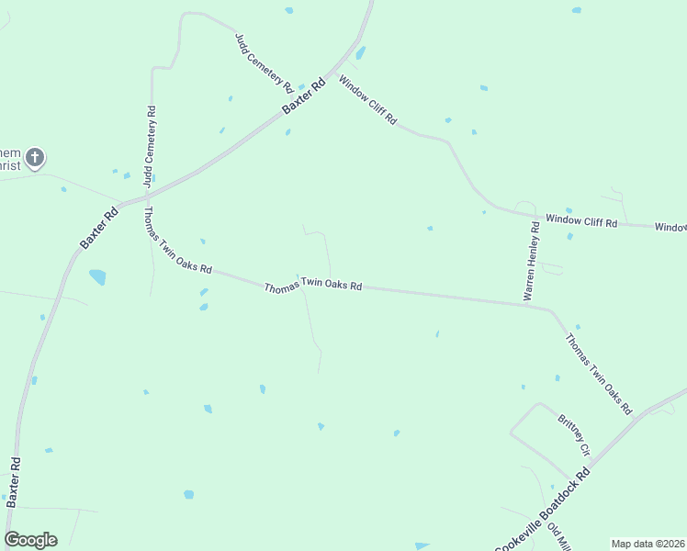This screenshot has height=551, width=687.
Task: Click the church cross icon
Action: point(35,159)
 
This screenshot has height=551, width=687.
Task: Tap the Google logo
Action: point(30,540)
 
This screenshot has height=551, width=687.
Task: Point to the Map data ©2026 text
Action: point(648,544)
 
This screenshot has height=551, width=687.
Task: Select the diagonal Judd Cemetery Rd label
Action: point(264,62)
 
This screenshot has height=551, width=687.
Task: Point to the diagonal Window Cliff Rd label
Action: point(367,100)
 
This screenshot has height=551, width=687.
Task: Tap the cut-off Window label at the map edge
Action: point(671,227)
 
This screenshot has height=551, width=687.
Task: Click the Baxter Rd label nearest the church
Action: point(99,227)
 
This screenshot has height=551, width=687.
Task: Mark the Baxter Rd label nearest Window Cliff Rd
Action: point(304,96)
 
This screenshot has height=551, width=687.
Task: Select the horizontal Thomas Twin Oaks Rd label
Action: point(312,287)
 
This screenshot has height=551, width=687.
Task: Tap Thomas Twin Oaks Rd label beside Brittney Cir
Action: point(599,372)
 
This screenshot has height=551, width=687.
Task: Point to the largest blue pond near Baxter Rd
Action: point(97,276)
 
